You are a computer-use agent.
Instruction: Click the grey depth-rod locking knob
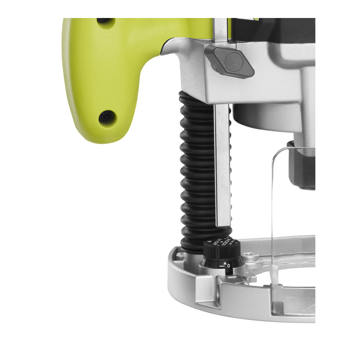coord(229,62)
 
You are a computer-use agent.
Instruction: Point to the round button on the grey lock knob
coord(234,62)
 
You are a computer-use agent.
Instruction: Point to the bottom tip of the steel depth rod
coord(223,224)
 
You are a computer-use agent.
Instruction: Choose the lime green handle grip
coord(94,72)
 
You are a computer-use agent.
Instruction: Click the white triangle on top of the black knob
coord(210,242)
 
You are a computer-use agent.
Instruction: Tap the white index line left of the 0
coord(222,266)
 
